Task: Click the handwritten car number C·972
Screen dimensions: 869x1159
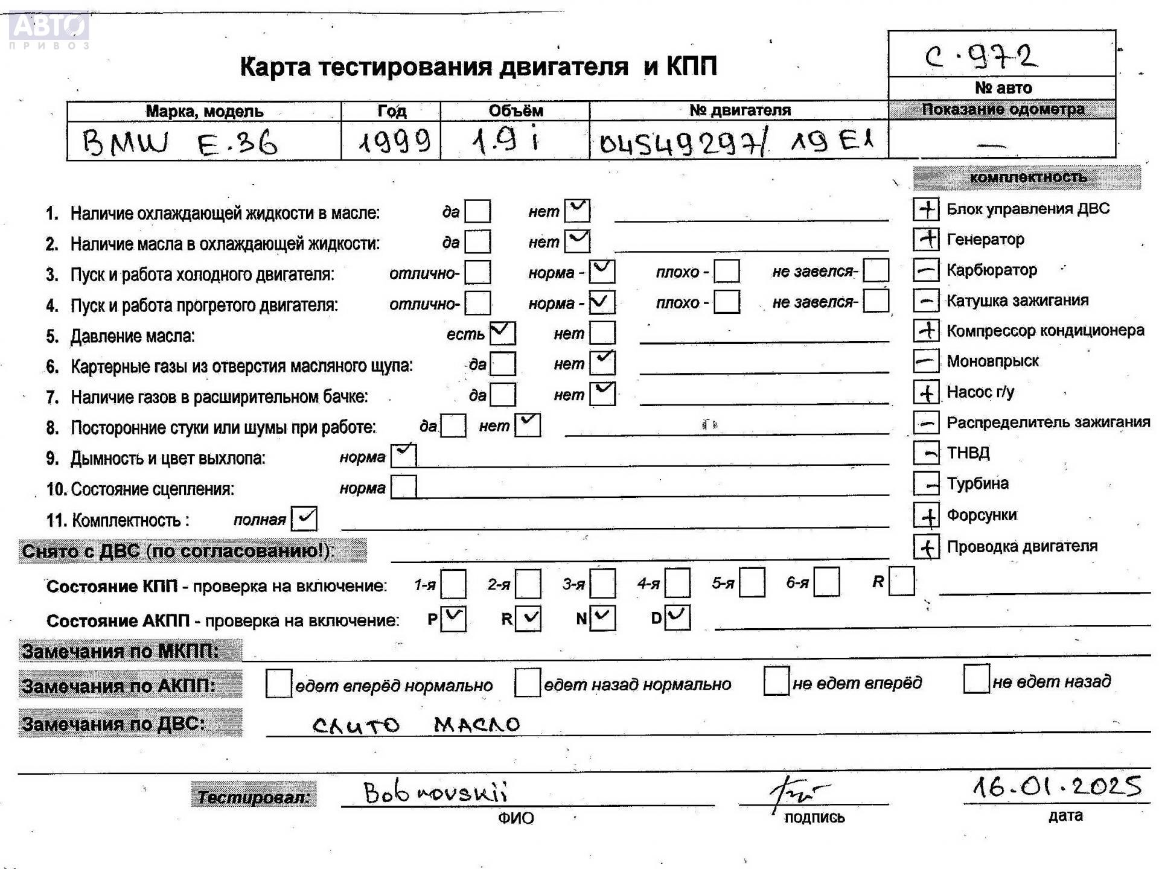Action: [x=982, y=57]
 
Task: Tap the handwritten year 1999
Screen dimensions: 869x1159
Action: [x=394, y=142]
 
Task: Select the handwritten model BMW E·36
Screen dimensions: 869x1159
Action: [x=179, y=144]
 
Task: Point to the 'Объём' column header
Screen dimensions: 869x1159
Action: [x=516, y=111]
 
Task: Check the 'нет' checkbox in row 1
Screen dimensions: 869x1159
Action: [x=578, y=211]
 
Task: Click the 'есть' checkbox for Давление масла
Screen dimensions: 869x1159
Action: [x=503, y=333]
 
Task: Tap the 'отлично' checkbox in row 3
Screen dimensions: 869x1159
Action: [x=477, y=272]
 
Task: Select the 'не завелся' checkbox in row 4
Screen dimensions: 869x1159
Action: [x=876, y=301]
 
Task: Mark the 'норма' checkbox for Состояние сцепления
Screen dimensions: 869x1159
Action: [x=404, y=487]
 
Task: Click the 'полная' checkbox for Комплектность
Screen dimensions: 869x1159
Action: [x=304, y=518]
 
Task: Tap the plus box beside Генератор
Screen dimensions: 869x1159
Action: [x=926, y=239]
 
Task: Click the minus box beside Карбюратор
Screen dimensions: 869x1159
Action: [x=926, y=270]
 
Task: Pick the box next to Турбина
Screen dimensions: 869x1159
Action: [x=926, y=483]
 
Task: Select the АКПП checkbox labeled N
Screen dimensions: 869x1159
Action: [x=602, y=618]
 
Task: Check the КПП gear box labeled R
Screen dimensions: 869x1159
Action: [x=902, y=581]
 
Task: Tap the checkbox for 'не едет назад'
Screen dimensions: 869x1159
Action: [x=976, y=680]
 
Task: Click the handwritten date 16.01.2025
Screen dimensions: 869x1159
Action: [x=1057, y=787]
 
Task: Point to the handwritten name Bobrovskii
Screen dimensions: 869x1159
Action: [x=435, y=792]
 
